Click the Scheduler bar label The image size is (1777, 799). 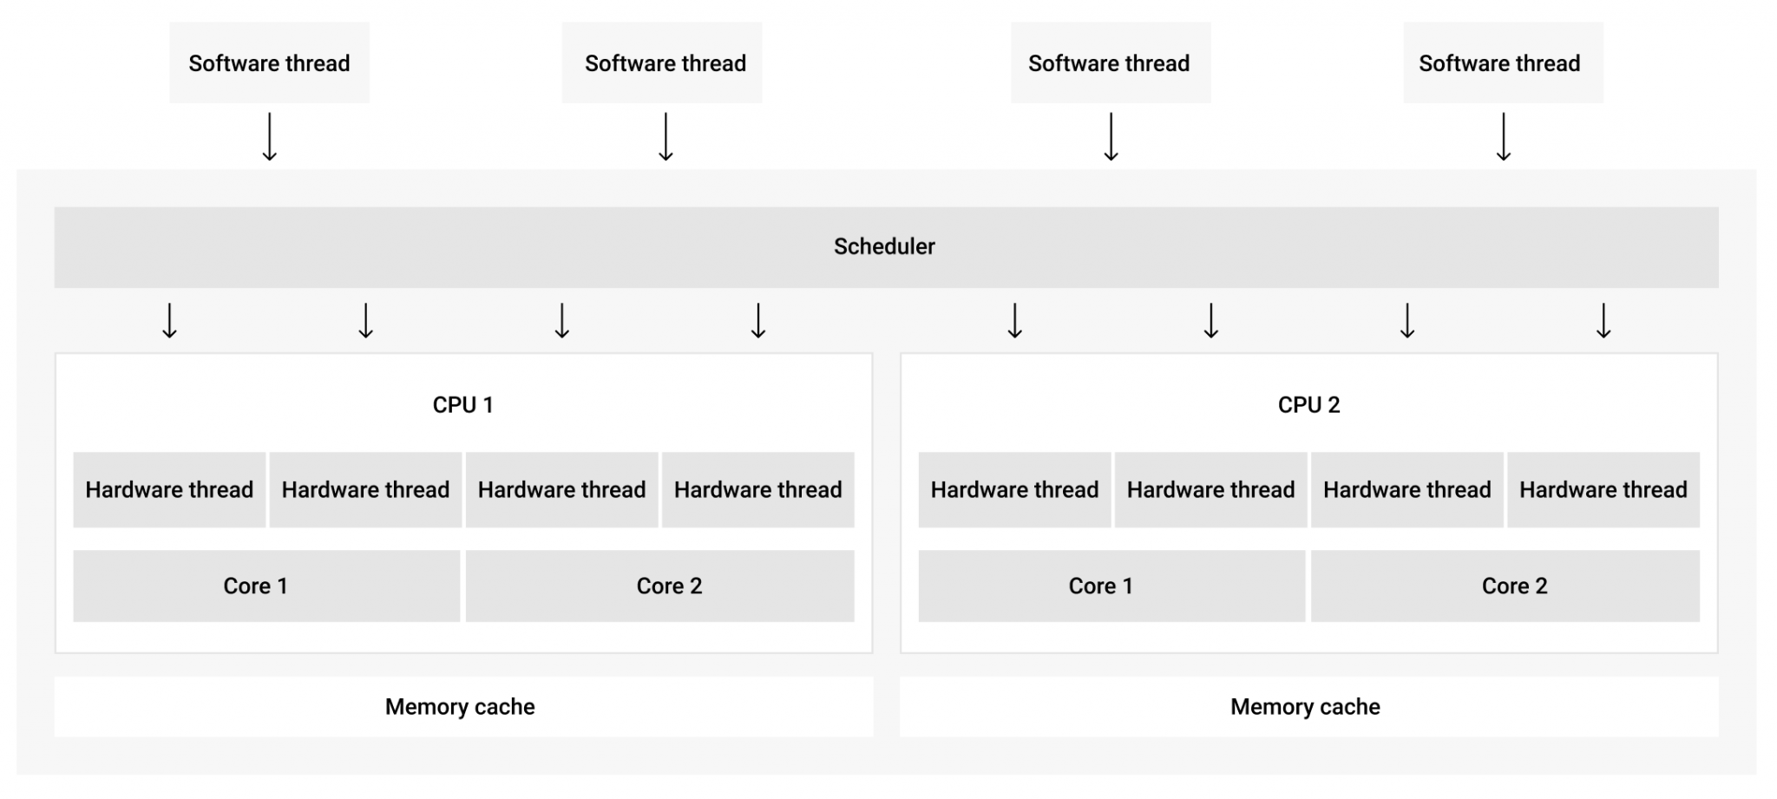click(884, 246)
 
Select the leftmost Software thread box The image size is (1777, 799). click(269, 63)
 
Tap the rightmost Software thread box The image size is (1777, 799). click(1502, 63)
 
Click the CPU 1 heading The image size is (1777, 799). click(462, 405)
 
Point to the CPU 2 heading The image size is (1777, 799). click(1308, 405)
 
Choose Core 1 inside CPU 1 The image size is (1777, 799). click(266, 586)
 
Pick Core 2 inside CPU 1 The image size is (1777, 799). click(659, 586)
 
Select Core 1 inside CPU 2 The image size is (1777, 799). click(1111, 586)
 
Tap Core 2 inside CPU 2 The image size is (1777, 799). click(1505, 586)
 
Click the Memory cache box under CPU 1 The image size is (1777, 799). click(462, 707)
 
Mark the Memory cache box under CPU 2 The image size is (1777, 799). click(1308, 707)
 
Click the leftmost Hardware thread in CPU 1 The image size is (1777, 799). click(169, 490)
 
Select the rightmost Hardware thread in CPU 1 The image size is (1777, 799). click(757, 490)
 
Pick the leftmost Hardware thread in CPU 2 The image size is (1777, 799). click(1014, 490)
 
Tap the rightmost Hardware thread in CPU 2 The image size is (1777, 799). click(1603, 490)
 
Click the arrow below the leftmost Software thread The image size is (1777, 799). click(270, 137)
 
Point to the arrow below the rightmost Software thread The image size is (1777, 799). click(1504, 137)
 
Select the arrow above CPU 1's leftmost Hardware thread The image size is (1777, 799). click(170, 320)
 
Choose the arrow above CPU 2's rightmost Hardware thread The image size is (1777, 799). click(1603, 320)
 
